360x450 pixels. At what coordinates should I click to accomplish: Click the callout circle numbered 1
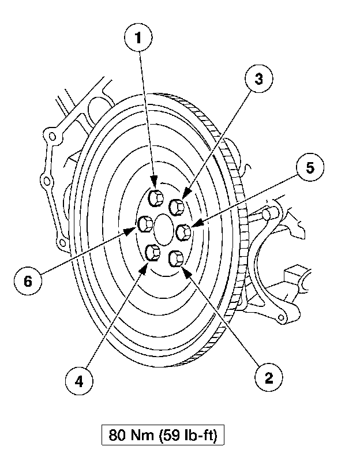tap(138, 39)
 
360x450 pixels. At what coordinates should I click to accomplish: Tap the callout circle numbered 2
tap(268, 378)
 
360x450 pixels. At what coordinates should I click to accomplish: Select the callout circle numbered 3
tap(259, 80)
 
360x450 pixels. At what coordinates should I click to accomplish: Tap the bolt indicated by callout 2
tap(178, 258)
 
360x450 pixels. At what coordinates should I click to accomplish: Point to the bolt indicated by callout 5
tap(184, 231)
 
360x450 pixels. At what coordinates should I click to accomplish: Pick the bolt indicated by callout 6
tap(147, 223)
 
